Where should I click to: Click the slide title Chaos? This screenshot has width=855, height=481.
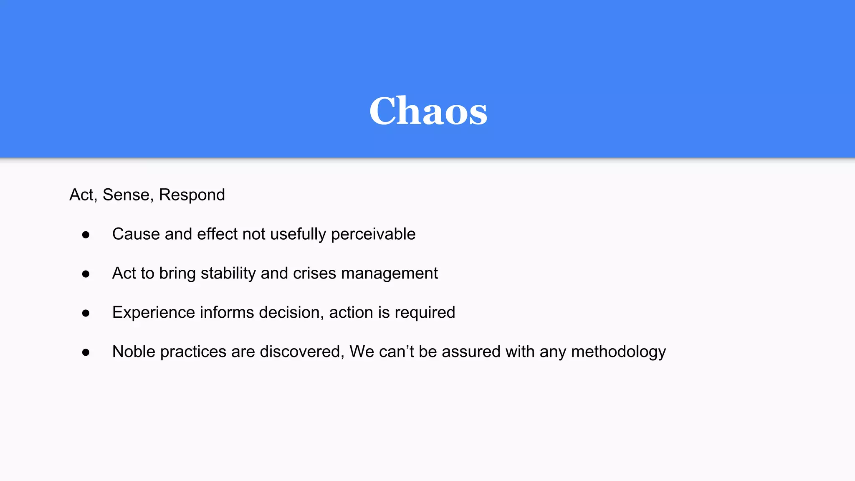(x=428, y=111)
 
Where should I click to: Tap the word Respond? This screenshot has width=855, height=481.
(x=192, y=195)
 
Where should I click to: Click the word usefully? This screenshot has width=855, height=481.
(x=298, y=234)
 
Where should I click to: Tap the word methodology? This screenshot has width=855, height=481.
(x=618, y=352)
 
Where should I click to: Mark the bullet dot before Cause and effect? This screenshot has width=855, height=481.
(x=86, y=235)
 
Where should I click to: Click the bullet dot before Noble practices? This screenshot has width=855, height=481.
(x=86, y=353)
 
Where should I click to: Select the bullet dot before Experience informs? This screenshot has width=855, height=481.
(x=86, y=314)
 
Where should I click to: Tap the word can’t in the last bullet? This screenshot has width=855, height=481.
(x=396, y=352)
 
